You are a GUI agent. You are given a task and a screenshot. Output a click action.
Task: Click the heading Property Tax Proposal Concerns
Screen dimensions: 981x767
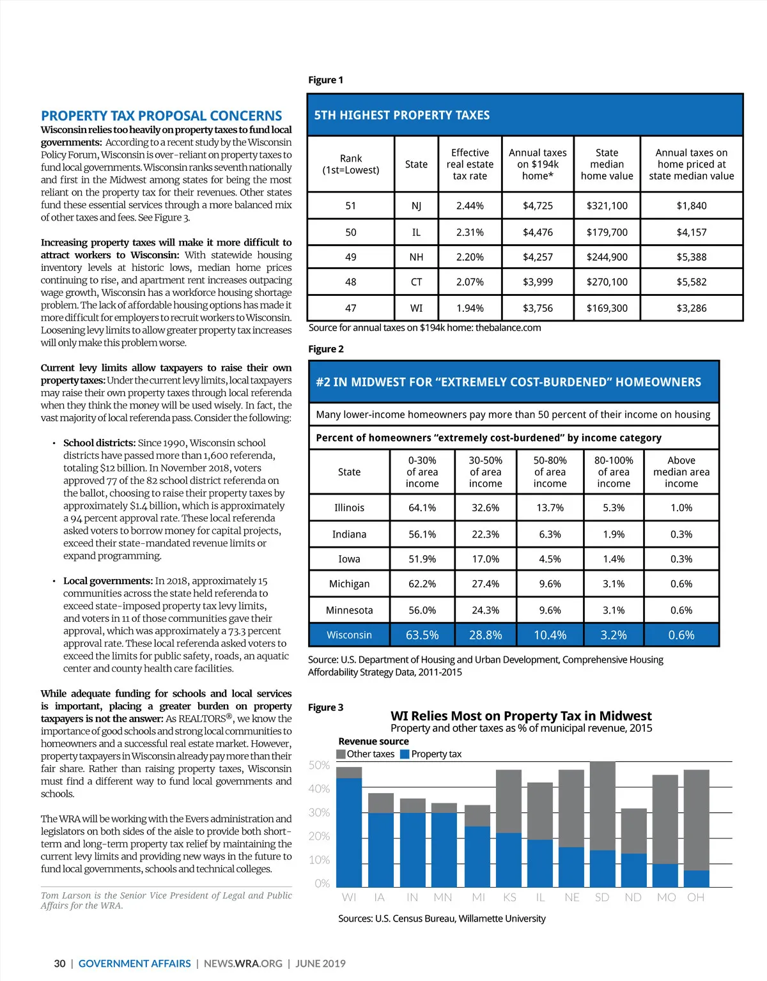161,116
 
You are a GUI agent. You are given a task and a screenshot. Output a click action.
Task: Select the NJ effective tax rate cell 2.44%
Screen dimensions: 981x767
470,206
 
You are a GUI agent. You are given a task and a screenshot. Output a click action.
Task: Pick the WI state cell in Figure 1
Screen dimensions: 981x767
416,308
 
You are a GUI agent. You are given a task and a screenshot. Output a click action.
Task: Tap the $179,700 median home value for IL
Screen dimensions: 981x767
607,233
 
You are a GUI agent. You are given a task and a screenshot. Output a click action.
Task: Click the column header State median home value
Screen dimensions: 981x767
607,164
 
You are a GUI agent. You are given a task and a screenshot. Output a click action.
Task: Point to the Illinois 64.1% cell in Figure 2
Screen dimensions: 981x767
422,507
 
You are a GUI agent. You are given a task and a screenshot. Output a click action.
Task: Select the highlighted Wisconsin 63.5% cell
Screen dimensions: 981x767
422,635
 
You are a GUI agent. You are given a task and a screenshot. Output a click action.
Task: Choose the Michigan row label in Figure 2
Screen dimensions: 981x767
349,583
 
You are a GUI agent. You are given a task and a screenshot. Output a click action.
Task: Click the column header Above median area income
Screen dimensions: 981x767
681,472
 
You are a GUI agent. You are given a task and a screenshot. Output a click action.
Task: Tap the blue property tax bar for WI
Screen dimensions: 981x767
349,831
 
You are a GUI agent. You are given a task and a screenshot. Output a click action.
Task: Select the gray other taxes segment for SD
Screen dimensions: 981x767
602,805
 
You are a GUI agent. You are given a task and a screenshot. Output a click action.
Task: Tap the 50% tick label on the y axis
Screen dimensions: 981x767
319,765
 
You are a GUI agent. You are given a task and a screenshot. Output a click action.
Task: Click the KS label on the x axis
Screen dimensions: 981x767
509,897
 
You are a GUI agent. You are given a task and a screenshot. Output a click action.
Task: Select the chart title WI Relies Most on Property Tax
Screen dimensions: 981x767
521,716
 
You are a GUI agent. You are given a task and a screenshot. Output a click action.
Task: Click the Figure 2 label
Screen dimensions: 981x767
326,349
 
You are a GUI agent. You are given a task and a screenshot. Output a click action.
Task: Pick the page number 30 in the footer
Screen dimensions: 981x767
59,963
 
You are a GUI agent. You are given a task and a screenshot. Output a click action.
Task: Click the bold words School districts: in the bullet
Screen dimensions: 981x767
99,443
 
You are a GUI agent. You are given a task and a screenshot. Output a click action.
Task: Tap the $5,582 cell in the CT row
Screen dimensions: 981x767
691,282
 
